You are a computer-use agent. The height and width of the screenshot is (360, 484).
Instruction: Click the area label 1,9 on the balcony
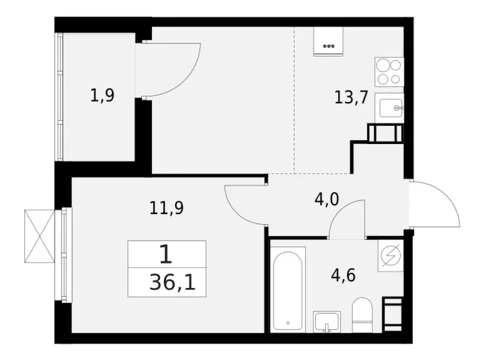tap(102, 96)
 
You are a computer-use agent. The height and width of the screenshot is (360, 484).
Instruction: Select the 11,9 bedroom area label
tap(166, 208)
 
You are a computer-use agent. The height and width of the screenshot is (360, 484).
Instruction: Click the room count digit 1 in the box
tap(166, 254)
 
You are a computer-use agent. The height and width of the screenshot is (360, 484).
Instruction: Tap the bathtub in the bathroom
tap(288, 288)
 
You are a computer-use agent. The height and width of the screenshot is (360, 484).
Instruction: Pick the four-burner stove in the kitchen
tap(389, 71)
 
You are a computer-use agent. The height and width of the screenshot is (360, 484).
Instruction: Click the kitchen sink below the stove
tap(390, 109)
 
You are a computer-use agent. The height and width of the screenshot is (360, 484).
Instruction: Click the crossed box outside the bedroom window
tap(40, 235)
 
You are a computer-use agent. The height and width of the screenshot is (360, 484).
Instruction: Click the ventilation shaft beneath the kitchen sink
tap(385, 133)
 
